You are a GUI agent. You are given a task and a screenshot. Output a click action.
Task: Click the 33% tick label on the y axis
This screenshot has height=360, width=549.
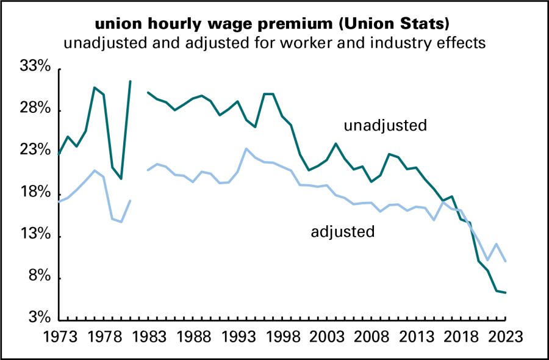35,66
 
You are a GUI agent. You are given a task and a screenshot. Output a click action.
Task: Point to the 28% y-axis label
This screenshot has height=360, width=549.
35,108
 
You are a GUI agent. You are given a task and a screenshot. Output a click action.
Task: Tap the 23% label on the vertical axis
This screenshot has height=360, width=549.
35,150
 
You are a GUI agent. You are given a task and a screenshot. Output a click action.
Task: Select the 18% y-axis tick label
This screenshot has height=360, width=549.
35,192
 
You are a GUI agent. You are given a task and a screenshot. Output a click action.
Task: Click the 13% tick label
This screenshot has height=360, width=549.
35,234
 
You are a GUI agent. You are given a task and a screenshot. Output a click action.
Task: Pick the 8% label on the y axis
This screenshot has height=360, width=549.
40,276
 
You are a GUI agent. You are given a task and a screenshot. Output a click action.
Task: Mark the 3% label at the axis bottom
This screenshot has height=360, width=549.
40,318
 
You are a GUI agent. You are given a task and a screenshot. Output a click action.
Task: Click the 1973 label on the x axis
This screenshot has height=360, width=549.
60,337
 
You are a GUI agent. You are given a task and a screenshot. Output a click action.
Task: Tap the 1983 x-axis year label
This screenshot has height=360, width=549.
149,337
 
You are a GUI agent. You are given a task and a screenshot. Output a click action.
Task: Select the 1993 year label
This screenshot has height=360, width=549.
238,337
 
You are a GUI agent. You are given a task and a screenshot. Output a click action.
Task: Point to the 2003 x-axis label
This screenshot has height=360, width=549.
327,337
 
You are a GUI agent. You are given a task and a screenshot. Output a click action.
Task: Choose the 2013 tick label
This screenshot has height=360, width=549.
416,337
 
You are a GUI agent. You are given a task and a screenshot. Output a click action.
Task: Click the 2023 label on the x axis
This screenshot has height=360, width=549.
505,337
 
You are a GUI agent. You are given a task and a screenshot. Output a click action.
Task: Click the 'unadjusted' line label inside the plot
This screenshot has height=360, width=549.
386,125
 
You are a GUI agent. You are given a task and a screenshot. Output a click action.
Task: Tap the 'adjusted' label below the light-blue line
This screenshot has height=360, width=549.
343,231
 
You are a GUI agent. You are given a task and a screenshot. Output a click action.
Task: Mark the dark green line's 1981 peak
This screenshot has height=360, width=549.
131,81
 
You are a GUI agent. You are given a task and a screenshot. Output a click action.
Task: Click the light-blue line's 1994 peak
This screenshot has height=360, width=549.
246,148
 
